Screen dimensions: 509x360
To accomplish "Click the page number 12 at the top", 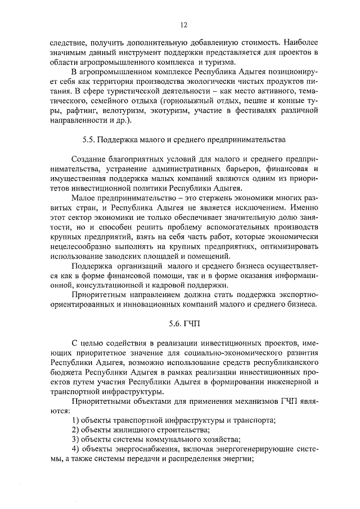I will [x=183, y=24].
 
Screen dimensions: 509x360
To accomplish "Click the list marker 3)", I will [x=76, y=439].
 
